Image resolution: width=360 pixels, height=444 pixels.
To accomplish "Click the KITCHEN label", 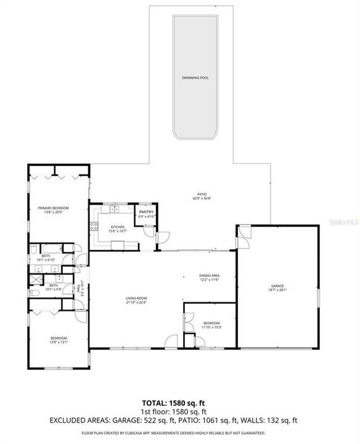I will pyautogui.click(x=117, y=227).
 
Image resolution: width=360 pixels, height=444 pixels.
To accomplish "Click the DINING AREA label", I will pyautogui.click(x=209, y=275).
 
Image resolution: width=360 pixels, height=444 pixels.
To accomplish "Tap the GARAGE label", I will pyautogui.click(x=278, y=286).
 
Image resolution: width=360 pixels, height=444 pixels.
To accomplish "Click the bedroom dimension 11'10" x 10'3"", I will pyautogui.click(x=211, y=327).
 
